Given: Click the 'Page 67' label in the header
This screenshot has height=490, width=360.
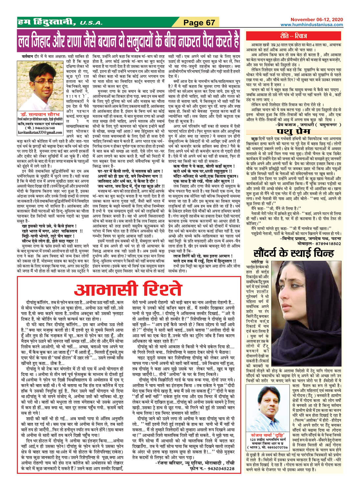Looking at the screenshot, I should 199,23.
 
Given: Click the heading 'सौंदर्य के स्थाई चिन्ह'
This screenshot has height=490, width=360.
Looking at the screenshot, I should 299,253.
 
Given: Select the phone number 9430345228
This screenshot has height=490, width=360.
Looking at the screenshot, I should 216,469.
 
